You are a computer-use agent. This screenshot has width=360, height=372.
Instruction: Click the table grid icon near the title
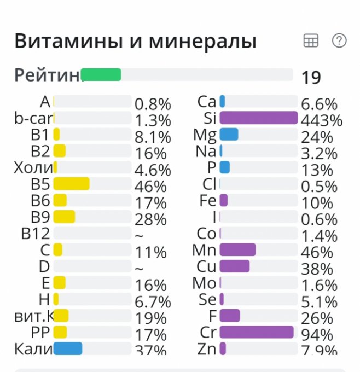click(311, 41)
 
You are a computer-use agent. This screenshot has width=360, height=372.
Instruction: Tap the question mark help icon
click(339, 41)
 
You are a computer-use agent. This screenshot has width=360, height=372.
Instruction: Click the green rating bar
click(101, 75)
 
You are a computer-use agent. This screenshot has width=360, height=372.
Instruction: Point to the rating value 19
click(311, 78)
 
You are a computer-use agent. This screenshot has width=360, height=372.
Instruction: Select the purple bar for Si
click(258, 118)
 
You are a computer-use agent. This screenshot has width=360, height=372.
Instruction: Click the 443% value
click(322, 120)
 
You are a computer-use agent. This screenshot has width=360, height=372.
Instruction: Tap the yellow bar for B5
click(72, 184)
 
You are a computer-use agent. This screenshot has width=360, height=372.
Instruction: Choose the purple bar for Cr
click(257, 332)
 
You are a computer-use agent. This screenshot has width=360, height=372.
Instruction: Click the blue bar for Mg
click(229, 134)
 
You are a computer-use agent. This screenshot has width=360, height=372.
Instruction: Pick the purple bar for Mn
click(237, 249)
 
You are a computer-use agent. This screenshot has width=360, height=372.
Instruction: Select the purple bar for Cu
click(234, 266)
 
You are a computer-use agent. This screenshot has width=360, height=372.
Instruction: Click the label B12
click(36, 234)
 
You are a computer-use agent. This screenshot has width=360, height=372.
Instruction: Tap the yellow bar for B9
click(64, 217)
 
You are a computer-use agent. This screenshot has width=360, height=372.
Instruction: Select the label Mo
click(205, 283)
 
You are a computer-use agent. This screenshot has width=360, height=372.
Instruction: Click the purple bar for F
click(230, 316)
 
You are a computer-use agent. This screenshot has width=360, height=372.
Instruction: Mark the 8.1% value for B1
click(153, 137)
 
